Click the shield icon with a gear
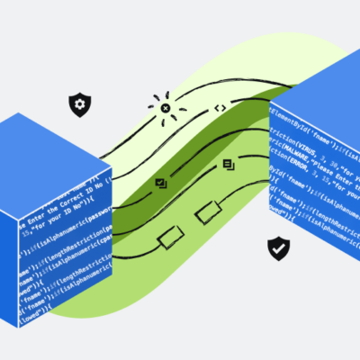80,105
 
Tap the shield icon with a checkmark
278,248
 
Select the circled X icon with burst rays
166,108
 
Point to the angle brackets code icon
219,108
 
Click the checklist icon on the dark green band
162,183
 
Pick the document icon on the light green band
229,165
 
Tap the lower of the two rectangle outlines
170,236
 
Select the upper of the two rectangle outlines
208,213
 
